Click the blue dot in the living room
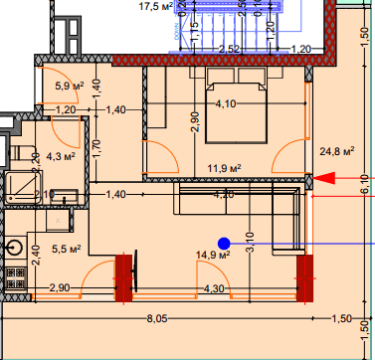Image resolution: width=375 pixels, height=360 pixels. coord(224,243)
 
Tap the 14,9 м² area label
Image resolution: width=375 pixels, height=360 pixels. coord(213,255)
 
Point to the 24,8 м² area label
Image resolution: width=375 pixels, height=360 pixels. coord(337,151)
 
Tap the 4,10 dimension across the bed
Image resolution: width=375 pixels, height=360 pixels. coord(226,102)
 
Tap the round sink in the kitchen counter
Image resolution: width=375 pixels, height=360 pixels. coord(15,244)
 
